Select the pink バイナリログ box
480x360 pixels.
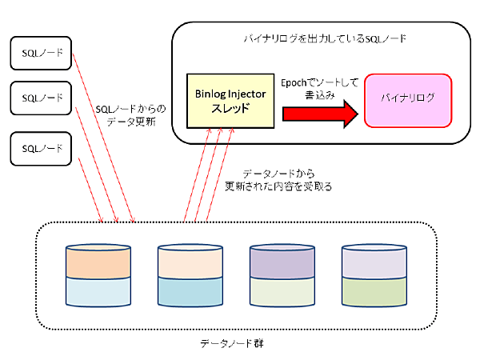tap(409, 100)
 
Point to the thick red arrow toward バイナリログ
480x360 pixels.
tap(319, 113)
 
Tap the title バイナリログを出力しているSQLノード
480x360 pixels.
tap(319, 38)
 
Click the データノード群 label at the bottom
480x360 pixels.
tap(232, 342)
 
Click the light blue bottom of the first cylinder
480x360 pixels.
tap(96, 291)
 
